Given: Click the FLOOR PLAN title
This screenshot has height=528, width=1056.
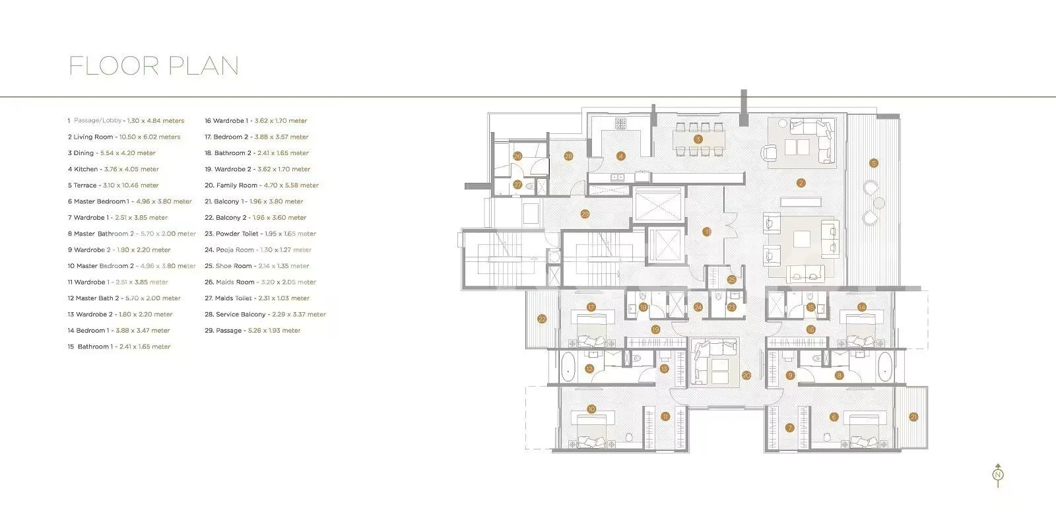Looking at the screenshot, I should pos(154,66).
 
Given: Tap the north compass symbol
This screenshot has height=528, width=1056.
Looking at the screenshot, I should pos(998,475).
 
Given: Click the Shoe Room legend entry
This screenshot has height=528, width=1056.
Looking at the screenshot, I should pos(257,266).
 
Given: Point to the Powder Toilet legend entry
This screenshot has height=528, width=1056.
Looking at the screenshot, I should pos(260,234).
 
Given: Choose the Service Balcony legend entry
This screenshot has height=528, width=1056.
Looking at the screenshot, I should pos(265,314).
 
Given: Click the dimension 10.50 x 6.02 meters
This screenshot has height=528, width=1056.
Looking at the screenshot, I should pos(150,137).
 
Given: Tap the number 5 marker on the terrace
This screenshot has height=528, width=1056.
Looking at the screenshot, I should pos(873,163).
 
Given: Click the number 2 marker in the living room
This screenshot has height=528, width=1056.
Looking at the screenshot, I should pos(801,183).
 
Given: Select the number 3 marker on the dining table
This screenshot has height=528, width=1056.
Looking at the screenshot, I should pos(698,139).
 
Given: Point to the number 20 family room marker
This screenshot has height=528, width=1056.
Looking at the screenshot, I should pos(746,376).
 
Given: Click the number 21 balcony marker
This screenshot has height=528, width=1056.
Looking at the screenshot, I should pos(913,416).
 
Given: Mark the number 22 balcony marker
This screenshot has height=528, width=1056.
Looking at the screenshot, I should pos(542,319).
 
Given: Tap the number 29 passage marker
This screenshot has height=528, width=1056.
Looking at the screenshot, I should pos(585,214).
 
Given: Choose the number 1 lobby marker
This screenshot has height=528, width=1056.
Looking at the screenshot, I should pos(706,232).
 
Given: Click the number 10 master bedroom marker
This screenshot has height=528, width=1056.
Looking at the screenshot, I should pos(591,409).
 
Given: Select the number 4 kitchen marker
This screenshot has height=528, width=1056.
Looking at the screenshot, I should pos(620,156).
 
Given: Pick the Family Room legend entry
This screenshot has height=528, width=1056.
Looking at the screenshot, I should pos(261,185).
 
